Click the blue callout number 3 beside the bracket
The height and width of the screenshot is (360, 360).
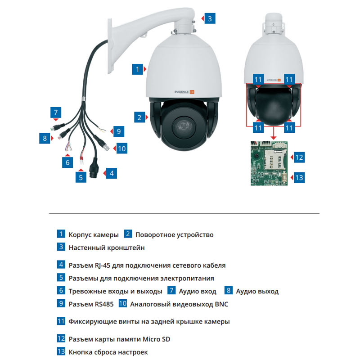coord(209,18)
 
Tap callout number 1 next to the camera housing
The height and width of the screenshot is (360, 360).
coord(137,69)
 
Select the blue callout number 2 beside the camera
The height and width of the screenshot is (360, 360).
coord(139,117)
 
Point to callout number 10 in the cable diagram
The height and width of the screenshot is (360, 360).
coord(121,148)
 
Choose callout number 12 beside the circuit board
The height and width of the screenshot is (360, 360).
coord(299,157)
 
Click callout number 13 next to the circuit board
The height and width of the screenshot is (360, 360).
coord(299,177)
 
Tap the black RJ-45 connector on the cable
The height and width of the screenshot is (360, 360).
coord(95,169)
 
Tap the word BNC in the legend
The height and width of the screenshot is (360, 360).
coord(220,304)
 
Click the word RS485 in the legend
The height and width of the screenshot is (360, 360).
coord(104,304)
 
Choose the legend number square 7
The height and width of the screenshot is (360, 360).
coord(171,291)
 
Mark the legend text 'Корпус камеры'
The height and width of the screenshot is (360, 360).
coord(94,234)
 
